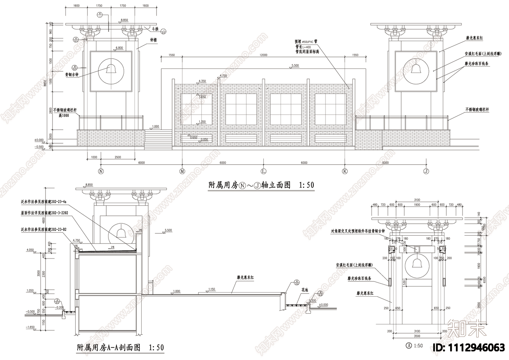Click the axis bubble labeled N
pos(101,171)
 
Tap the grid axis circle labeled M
pos(182,171)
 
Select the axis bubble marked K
pos(345,171)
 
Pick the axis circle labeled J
pos(426,171)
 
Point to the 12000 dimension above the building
pos(263,55)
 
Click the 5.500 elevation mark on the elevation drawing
pos(295,66)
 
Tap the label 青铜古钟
pos(72,75)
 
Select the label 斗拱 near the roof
pos(155,29)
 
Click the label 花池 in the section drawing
pos(305,290)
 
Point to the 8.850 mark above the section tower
pos(89,185)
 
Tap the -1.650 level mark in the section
pos(30,327)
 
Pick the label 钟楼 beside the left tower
pos(153,40)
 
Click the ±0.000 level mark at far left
pos(39,140)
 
